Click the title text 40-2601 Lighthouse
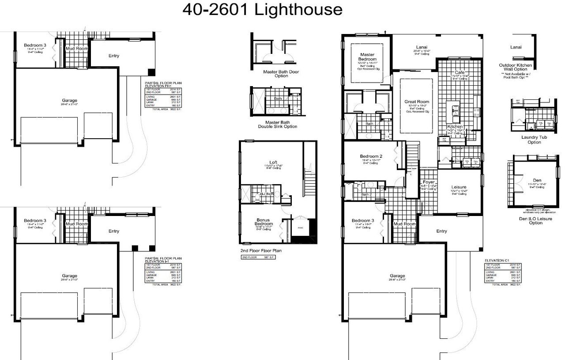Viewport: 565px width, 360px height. point(262,10)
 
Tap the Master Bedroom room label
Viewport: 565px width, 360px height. point(367,57)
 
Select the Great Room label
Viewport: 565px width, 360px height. point(417,102)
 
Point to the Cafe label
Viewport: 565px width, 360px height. point(460,72)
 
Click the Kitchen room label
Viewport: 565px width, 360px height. point(455,126)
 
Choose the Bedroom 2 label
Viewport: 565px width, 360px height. point(371,156)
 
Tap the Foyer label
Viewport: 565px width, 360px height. point(429,182)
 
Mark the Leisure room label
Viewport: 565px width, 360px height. point(459,187)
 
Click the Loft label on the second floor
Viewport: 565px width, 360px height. point(273,162)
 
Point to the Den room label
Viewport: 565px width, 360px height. point(537,180)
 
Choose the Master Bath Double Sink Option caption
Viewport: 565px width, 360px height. point(278,124)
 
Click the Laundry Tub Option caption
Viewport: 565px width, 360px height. point(534,140)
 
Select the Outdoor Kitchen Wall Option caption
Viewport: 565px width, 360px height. point(515,67)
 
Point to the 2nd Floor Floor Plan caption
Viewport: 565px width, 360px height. point(261,250)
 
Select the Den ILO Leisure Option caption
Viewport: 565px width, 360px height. point(535,220)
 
